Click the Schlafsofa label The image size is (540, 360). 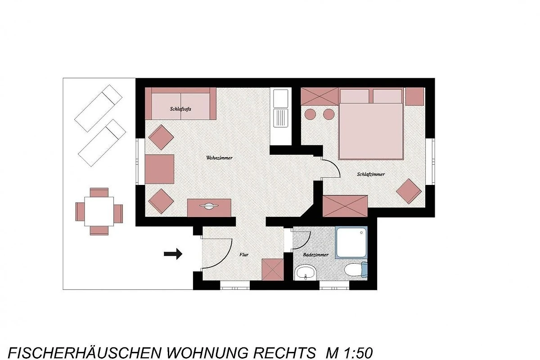point(180,109)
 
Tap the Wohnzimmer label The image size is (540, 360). point(219,158)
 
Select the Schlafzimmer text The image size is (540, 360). point(371,174)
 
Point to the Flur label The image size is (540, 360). point(244,254)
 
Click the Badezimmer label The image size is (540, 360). point(315,255)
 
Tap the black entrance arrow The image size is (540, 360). point(173,254)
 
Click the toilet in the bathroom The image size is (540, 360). point(356,270)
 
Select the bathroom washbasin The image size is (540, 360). point(306,273)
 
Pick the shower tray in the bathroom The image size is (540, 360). point(352,243)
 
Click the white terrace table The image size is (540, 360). point(99,211)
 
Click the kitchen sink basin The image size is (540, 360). point(281,99)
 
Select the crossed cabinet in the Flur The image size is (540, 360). point(273,270)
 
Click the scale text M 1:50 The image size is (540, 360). point(349,353)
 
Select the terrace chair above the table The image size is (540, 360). point(99,192)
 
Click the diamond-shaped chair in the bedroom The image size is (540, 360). point(409,191)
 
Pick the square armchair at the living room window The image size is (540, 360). point(159,169)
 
